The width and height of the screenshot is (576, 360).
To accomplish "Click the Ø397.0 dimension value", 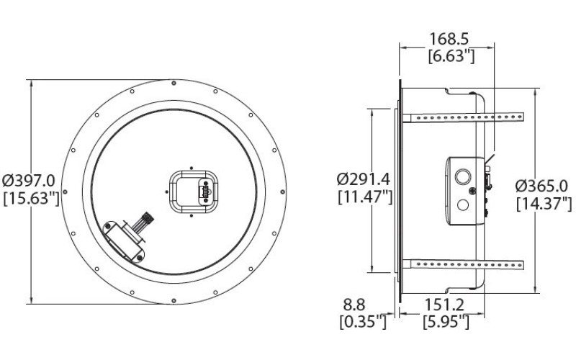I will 30,178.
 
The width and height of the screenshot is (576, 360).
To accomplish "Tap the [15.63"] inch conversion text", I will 30,198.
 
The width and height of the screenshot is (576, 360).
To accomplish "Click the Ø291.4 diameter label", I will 365,177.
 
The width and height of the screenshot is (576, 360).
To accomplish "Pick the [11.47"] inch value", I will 365,196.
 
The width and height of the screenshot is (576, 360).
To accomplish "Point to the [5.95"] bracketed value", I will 446,322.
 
